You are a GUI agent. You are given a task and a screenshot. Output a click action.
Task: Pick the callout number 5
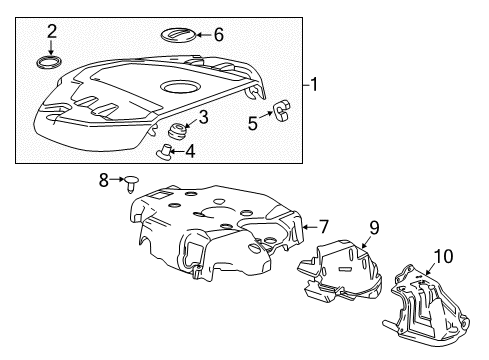[x=253, y=123]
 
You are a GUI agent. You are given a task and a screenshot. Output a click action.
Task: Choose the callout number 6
[x=219, y=33]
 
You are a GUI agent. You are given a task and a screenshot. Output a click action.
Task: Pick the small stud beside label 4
[x=167, y=153]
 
